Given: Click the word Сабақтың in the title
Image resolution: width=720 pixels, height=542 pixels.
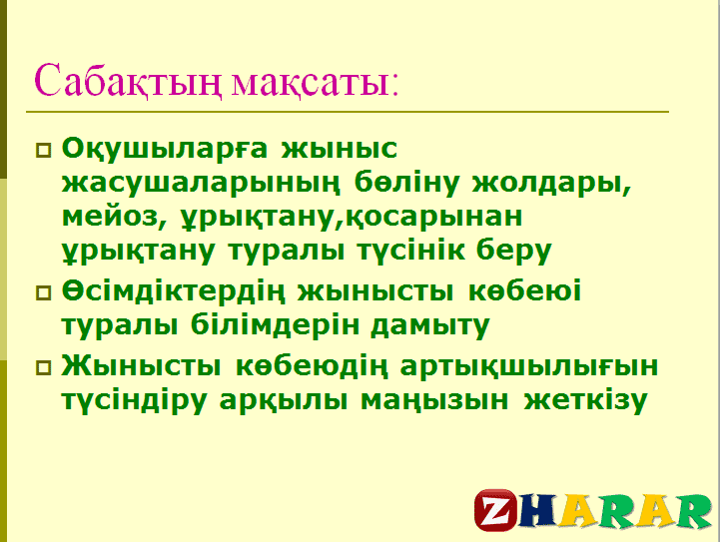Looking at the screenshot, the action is point(128,81).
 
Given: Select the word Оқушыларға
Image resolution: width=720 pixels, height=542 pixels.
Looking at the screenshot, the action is point(165,150).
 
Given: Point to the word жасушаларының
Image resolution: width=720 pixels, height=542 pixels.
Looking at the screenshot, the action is point(201,184).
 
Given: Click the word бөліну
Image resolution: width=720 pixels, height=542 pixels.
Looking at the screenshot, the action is point(406,183).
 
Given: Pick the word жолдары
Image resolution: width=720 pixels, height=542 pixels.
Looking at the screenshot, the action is point(552,184).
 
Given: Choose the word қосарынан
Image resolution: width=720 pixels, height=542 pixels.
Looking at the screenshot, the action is point(434,218).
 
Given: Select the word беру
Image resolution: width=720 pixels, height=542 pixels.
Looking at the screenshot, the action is point(513,252).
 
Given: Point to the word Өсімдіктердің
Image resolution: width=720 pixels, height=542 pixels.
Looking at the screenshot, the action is point(173,291).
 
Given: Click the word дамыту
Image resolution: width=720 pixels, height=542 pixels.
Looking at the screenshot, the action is point(430,326).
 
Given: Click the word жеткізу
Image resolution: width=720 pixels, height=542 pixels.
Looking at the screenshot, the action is point(585,400).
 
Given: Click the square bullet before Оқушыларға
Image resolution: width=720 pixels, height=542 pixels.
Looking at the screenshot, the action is point(44,151).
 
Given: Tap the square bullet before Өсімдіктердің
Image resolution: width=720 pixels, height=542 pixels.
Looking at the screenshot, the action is point(44,292).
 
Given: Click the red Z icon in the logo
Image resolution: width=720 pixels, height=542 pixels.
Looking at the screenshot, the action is point(496,510).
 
